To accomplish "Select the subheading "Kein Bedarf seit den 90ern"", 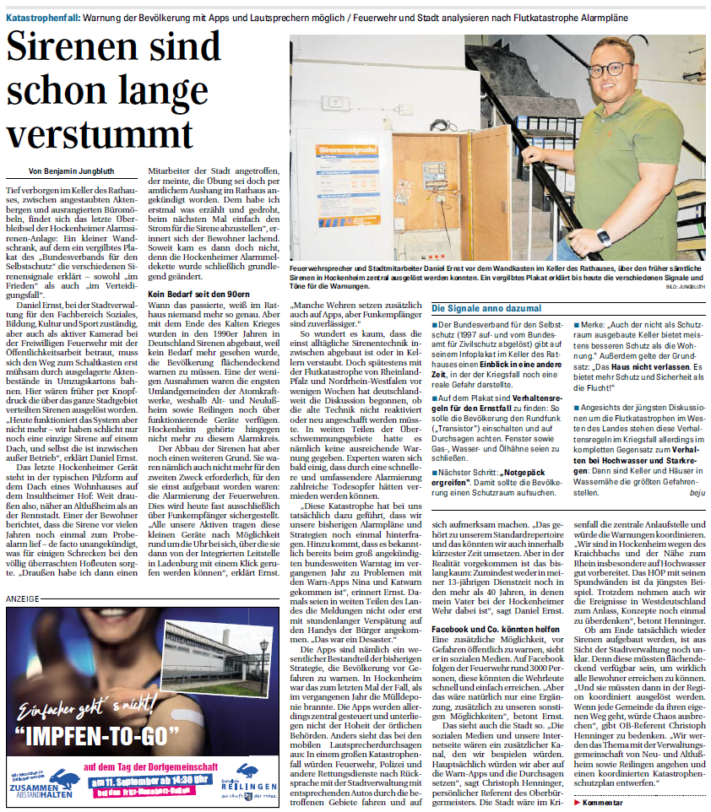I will pyautogui.click(x=197, y=294).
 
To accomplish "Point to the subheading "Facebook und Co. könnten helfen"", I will pyautogui.click(x=497, y=630).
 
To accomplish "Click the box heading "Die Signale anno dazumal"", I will pyautogui.click(x=487, y=309).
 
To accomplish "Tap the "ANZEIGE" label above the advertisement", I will pyautogui.click(x=23, y=574).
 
